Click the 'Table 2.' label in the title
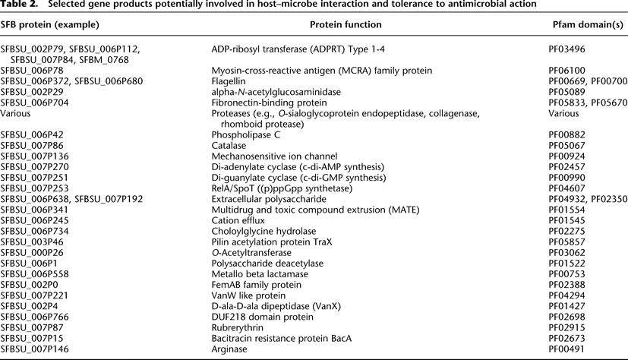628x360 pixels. pos(21,6)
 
